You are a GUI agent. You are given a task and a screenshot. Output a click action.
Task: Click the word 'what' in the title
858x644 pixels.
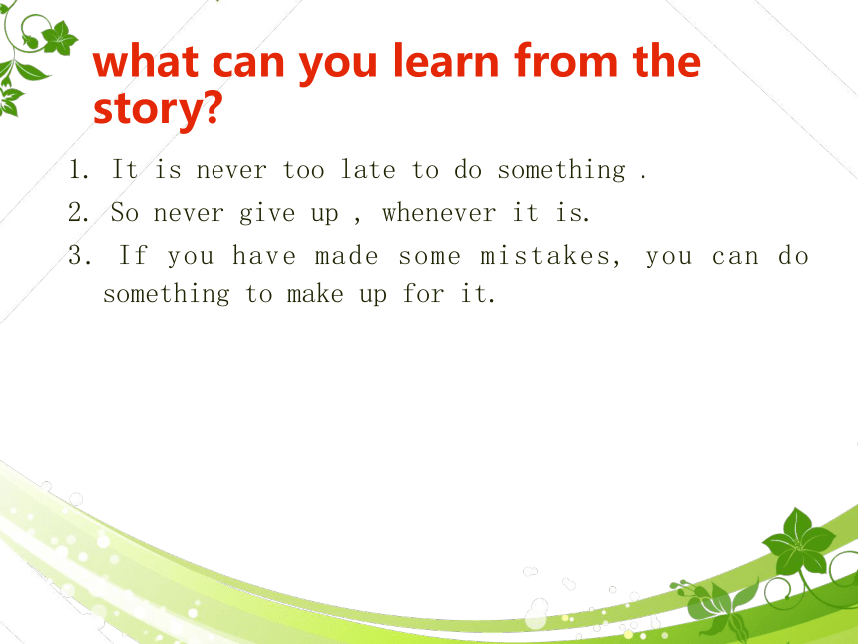[146, 61]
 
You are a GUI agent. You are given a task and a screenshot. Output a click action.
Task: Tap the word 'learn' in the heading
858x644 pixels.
[446, 60]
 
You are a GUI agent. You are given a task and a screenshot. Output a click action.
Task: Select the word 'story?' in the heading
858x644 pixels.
[159, 108]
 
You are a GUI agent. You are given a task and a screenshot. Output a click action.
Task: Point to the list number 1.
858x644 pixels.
[78, 169]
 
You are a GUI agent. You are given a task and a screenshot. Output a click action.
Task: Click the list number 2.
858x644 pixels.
[78, 212]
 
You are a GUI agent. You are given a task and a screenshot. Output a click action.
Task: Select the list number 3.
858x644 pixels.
[79, 256]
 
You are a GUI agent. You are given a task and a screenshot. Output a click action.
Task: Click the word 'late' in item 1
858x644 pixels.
[368, 169]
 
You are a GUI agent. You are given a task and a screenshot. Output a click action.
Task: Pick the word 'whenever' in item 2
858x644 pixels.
[439, 212]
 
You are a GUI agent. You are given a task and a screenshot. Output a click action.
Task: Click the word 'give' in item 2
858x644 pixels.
[267, 213]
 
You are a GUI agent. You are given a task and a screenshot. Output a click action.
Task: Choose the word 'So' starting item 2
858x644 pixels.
[125, 212]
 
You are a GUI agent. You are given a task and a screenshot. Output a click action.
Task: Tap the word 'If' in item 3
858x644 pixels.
[133, 255]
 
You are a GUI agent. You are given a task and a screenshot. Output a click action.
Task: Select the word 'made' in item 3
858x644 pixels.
[346, 256]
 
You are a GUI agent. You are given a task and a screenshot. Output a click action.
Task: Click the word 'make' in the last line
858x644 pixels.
[315, 293]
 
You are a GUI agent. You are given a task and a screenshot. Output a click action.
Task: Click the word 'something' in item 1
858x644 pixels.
[561, 170]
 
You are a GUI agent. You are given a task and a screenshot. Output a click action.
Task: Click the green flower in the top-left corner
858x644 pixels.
[59, 38]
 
